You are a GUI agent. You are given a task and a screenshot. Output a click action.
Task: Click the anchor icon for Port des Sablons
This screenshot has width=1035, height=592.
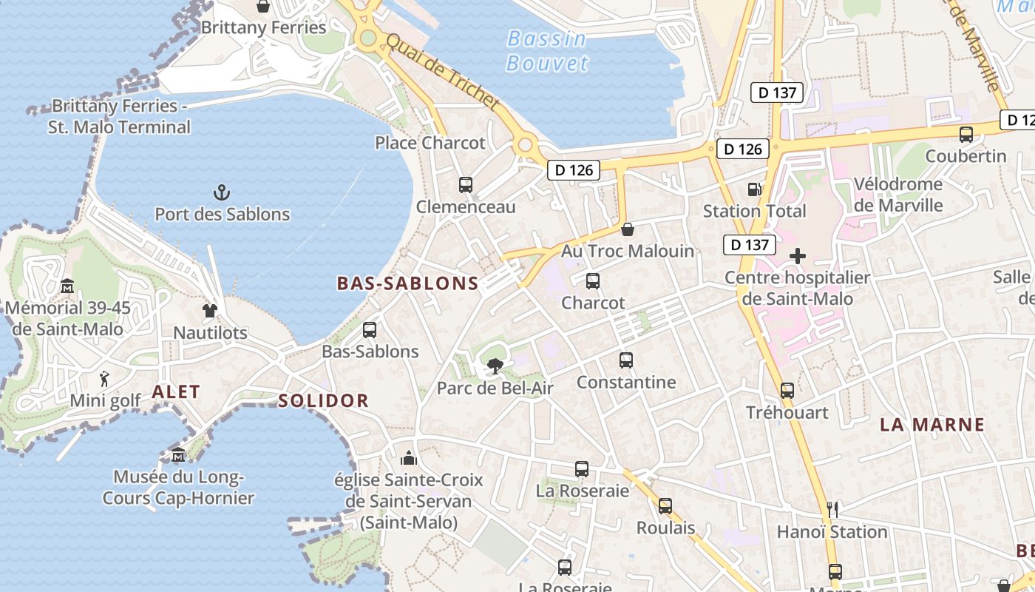[221, 192]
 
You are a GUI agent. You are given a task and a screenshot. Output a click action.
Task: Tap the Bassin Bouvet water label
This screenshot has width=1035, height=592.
[547, 50]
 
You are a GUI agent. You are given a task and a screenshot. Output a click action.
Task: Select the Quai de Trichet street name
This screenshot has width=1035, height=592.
[442, 72]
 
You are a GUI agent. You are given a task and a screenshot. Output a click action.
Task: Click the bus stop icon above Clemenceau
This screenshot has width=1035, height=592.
[465, 185]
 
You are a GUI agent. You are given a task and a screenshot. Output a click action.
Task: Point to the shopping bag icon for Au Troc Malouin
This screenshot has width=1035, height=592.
[627, 229]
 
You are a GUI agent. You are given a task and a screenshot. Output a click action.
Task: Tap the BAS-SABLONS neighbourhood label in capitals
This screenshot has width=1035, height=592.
[407, 283]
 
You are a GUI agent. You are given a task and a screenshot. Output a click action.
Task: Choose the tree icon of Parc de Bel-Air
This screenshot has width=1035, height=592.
[495, 366]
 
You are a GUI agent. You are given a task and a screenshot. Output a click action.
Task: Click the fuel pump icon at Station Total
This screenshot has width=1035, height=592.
[754, 189]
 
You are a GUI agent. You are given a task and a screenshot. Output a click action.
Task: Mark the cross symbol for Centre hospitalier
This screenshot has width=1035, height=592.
[797, 257]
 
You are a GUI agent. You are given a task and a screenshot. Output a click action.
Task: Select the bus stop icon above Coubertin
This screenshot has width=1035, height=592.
[966, 135]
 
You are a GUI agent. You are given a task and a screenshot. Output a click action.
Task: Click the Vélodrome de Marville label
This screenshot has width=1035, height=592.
[898, 194]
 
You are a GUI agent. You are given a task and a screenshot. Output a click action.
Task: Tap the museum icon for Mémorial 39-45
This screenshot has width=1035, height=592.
[67, 286]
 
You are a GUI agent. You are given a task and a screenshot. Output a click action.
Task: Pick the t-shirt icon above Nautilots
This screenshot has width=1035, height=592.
[210, 311]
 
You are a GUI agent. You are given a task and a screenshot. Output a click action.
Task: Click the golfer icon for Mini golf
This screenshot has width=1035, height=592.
[104, 379]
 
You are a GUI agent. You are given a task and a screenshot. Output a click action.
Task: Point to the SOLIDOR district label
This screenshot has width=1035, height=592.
[323, 401]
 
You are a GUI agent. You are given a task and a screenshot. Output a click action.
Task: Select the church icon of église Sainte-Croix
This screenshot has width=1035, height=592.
[408, 458]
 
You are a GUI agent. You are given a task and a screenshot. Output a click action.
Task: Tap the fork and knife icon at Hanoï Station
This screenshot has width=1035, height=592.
[832, 509]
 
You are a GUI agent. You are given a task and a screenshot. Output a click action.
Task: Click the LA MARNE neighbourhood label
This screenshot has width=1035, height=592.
[931, 425]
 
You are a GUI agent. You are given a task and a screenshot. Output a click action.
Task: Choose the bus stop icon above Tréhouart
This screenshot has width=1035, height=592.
[787, 390]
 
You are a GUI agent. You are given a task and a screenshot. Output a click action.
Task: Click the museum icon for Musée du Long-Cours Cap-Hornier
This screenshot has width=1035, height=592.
[177, 454]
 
